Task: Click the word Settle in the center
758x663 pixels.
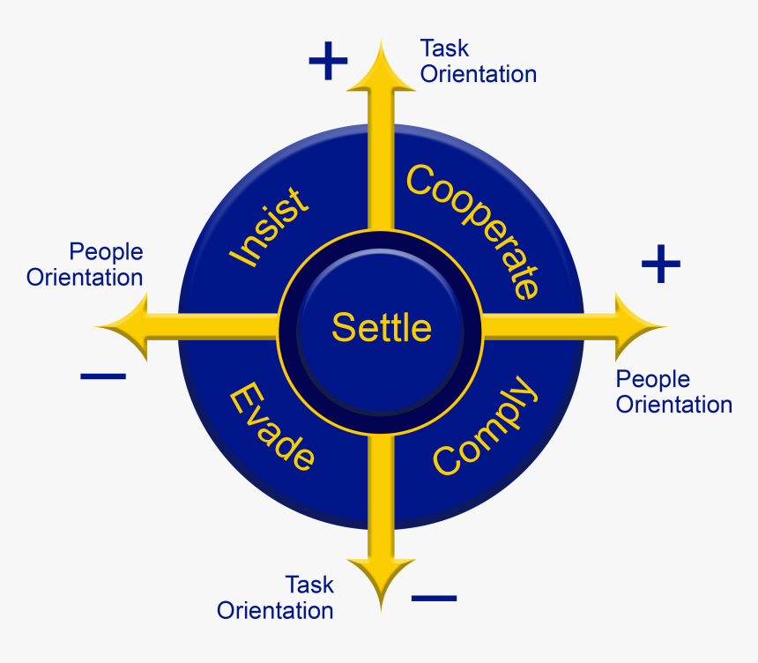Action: click(x=382, y=327)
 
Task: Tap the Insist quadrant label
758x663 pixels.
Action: click(x=269, y=227)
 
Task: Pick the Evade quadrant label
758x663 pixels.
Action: click(x=271, y=427)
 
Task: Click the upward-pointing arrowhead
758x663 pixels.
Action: click(x=381, y=67)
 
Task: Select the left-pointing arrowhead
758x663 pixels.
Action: click(x=122, y=327)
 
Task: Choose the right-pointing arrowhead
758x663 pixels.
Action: click(x=641, y=327)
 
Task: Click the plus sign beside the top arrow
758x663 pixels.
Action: click(x=328, y=61)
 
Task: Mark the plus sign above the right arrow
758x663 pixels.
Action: click(x=661, y=264)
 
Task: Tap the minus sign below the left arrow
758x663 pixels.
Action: click(x=103, y=376)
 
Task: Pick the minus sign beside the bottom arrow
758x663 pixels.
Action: click(x=435, y=599)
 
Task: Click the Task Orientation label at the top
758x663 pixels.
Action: click(x=479, y=62)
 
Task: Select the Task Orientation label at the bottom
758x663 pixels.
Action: click(x=275, y=598)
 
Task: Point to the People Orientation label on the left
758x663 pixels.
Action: click(x=85, y=264)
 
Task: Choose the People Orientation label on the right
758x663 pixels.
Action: click(x=674, y=391)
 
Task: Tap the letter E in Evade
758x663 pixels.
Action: click(x=245, y=399)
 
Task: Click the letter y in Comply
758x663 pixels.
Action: click(x=524, y=391)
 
